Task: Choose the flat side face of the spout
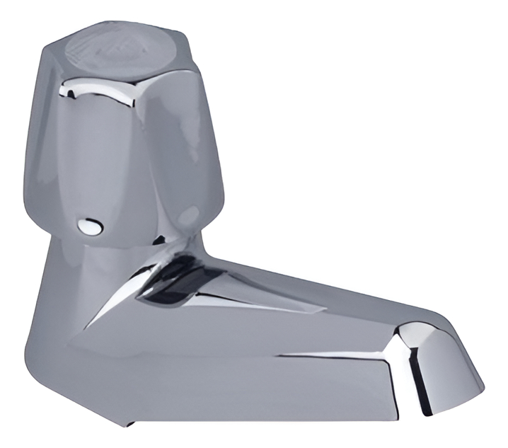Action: coord(233,382)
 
